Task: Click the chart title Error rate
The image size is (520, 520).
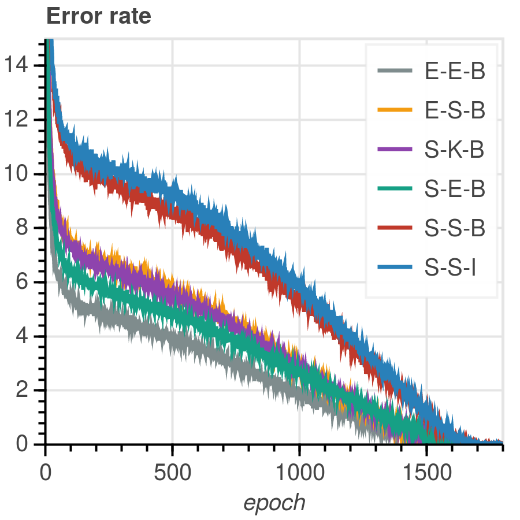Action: pyautogui.click(x=98, y=16)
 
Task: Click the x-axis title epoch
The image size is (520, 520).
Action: pyautogui.click(x=274, y=503)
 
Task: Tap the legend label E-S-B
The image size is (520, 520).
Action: pyautogui.click(x=455, y=110)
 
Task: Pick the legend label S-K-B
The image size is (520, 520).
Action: pyautogui.click(x=455, y=150)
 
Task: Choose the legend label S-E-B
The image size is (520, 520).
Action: pyautogui.click(x=455, y=189)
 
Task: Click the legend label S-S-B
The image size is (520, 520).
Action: pyautogui.click(x=455, y=228)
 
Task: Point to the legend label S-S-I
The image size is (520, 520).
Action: pyautogui.click(x=450, y=268)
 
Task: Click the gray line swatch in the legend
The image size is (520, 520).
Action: pyautogui.click(x=395, y=71)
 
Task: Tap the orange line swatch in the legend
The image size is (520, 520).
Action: pyautogui.click(x=395, y=110)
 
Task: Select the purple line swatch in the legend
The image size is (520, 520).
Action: pyautogui.click(x=395, y=150)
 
